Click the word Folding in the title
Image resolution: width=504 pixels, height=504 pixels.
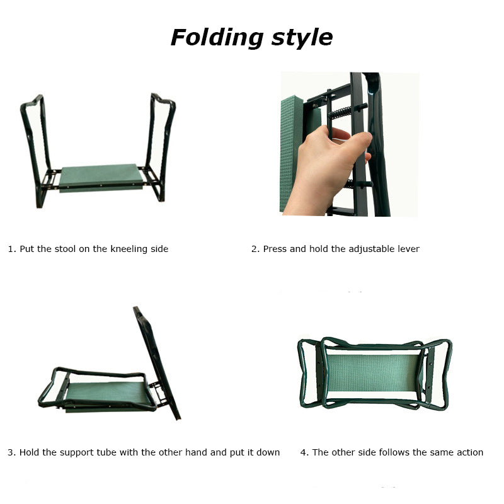(x=217, y=38)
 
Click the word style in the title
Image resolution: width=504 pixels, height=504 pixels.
(x=302, y=38)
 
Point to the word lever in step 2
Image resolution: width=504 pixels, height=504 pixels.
(x=408, y=249)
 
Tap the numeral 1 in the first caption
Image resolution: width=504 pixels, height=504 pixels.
(x=11, y=249)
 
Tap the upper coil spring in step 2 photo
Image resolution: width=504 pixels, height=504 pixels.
(x=341, y=112)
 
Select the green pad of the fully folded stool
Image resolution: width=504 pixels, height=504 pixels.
(x=373, y=373)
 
